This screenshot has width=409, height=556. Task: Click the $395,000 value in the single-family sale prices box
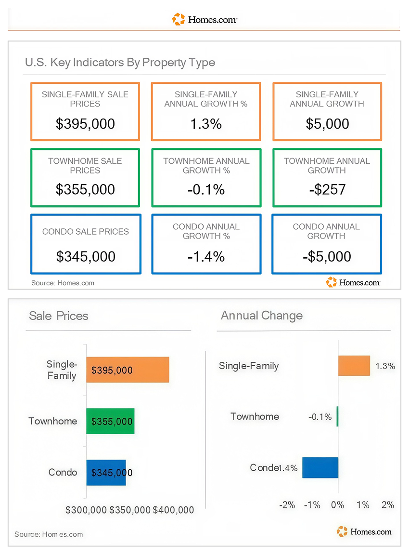(85, 124)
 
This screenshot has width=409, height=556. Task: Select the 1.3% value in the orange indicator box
(206, 124)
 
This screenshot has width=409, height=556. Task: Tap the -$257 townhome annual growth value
(327, 190)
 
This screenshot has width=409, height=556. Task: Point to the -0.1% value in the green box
(206, 190)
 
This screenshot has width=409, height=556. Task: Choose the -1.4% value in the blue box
(206, 257)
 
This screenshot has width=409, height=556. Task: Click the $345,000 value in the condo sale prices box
(86, 257)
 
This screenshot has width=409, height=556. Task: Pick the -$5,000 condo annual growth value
(327, 257)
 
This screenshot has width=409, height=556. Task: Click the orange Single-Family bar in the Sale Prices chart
(128, 370)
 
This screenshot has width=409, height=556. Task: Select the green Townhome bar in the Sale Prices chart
(111, 421)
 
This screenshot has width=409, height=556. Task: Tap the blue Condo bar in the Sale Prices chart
(106, 472)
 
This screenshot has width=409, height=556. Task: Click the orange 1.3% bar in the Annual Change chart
(354, 366)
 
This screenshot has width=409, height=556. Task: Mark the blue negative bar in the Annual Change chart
(320, 468)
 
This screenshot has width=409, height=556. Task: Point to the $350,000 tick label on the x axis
(130, 510)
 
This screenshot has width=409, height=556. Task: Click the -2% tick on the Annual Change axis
(287, 505)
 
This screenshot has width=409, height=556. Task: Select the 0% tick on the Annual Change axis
(337, 505)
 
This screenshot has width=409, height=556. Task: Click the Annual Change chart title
(262, 316)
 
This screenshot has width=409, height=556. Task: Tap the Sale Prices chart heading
(59, 316)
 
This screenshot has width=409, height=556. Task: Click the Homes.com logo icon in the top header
(179, 19)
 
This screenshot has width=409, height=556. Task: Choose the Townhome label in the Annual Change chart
(255, 416)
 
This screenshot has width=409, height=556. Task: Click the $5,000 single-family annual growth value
(328, 124)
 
